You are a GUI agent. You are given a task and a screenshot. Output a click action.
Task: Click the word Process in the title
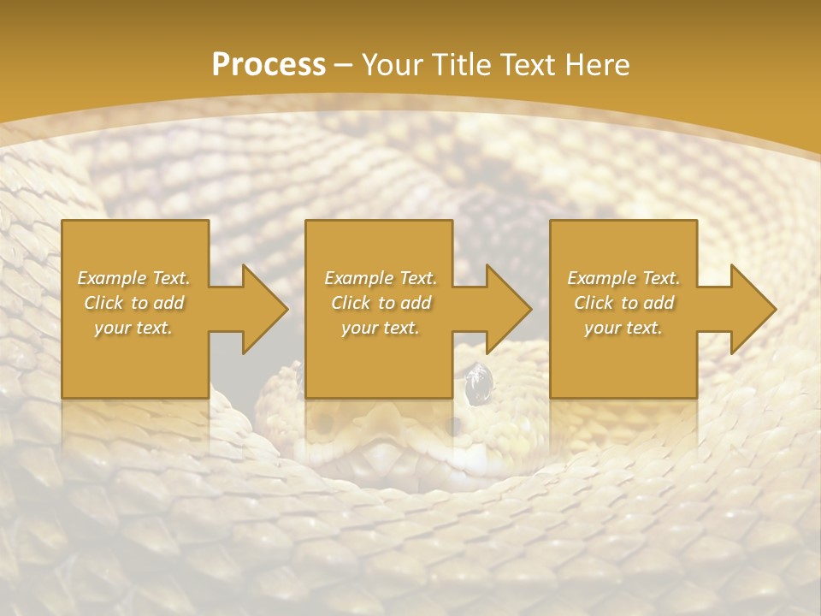[x=269, y=65]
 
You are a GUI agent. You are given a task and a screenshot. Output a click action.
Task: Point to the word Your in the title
[x=393, y=65]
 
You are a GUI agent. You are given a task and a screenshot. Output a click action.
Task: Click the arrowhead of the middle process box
[x=507, y=309]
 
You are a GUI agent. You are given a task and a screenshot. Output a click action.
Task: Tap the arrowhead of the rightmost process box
[x=752, y=309]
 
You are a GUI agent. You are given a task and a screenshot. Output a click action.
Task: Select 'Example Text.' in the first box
[x=134, y=278]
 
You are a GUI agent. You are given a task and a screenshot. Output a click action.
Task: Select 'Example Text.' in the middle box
[x=381, y=278]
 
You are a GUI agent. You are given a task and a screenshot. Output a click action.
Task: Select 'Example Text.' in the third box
[x=623, y=278]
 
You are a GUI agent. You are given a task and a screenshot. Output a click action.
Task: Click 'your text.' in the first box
[x=134, y=328]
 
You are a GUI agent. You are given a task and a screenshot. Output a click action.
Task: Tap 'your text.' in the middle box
[x=381, y=328]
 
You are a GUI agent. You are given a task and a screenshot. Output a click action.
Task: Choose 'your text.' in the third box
[x=623, y=328]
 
